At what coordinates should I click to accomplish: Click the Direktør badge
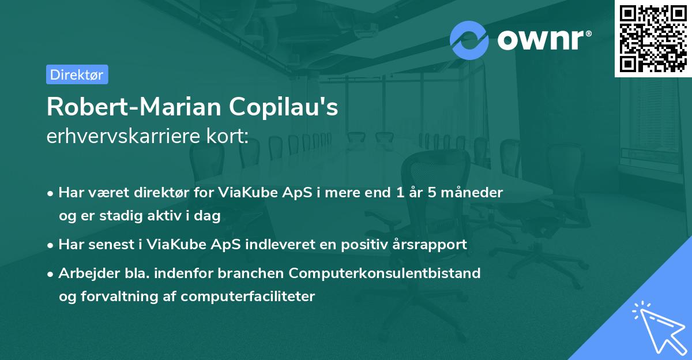tap(77, 74)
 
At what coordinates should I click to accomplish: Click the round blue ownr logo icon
tap(469, 39)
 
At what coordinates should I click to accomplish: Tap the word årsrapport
tap(432, 245)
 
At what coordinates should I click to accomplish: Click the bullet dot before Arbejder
tap(51, 273)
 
